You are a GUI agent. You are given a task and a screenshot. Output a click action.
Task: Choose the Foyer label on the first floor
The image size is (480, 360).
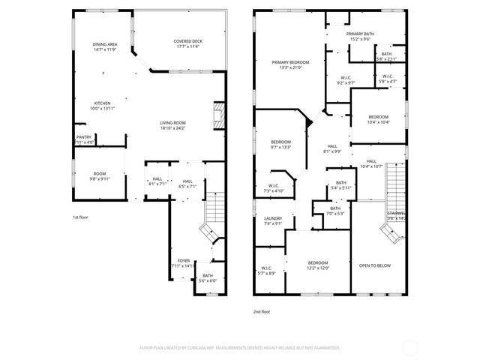183,262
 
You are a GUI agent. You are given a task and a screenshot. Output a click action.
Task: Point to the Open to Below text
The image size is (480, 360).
373,265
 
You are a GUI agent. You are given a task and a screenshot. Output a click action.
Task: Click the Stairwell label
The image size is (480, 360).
396,215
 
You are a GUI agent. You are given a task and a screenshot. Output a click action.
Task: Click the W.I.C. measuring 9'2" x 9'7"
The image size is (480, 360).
346,80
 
